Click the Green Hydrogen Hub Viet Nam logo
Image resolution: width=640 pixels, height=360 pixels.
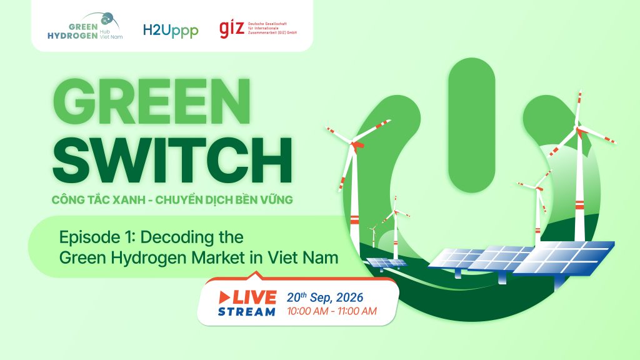click(x=85, y=27)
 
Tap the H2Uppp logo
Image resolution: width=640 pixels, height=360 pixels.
click(x=171, y=31)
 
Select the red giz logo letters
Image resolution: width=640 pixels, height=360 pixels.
click(x=232, y=29)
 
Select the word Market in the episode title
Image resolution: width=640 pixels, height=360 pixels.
click(x=217, y=257)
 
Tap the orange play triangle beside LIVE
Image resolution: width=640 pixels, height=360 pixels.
click(x=225, y=297)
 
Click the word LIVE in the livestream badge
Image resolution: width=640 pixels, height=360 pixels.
click(x=255, y=297)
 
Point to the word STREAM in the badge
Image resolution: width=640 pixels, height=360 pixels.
click(x=247, y=312)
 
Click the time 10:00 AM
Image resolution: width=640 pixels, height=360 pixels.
click(x=306, y=311)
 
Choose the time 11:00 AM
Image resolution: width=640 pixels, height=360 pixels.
click(x=357, y=311)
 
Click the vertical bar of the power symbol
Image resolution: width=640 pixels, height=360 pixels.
click(x=471, y=125)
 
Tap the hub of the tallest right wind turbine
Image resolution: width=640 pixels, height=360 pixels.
click(x=579, y=129)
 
